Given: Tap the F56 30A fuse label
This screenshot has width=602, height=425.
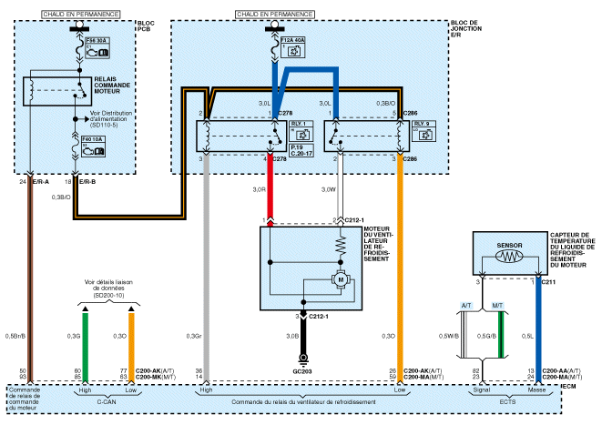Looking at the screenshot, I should click(x=95, y=40).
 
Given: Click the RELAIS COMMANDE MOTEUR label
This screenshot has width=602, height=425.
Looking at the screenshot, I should click(x=119, y=91).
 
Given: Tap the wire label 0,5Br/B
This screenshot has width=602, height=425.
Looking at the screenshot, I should click(x=17, y=337).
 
